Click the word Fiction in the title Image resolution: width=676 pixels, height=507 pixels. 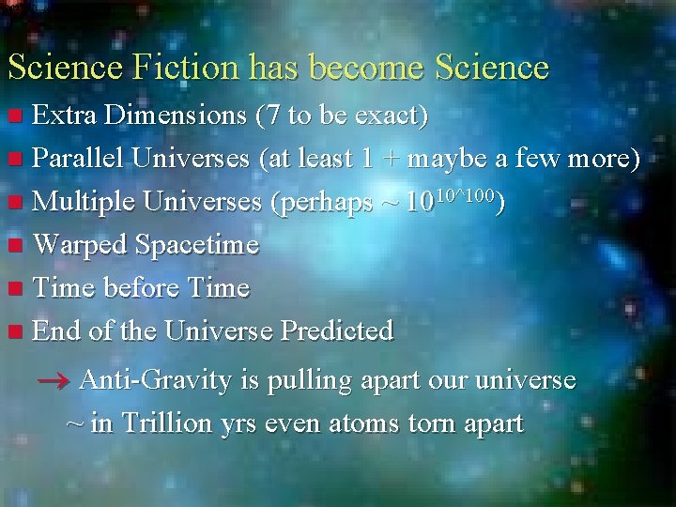[x=179, y=68]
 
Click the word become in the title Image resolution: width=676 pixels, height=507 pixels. [x=367, y=68]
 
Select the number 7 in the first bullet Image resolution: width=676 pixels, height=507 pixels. [x=269, y=115]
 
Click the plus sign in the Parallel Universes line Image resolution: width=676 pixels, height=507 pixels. [x=389, y=160]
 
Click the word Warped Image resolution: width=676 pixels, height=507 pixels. [x=81, y=245]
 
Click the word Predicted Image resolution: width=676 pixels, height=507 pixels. [x=337, y=330]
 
